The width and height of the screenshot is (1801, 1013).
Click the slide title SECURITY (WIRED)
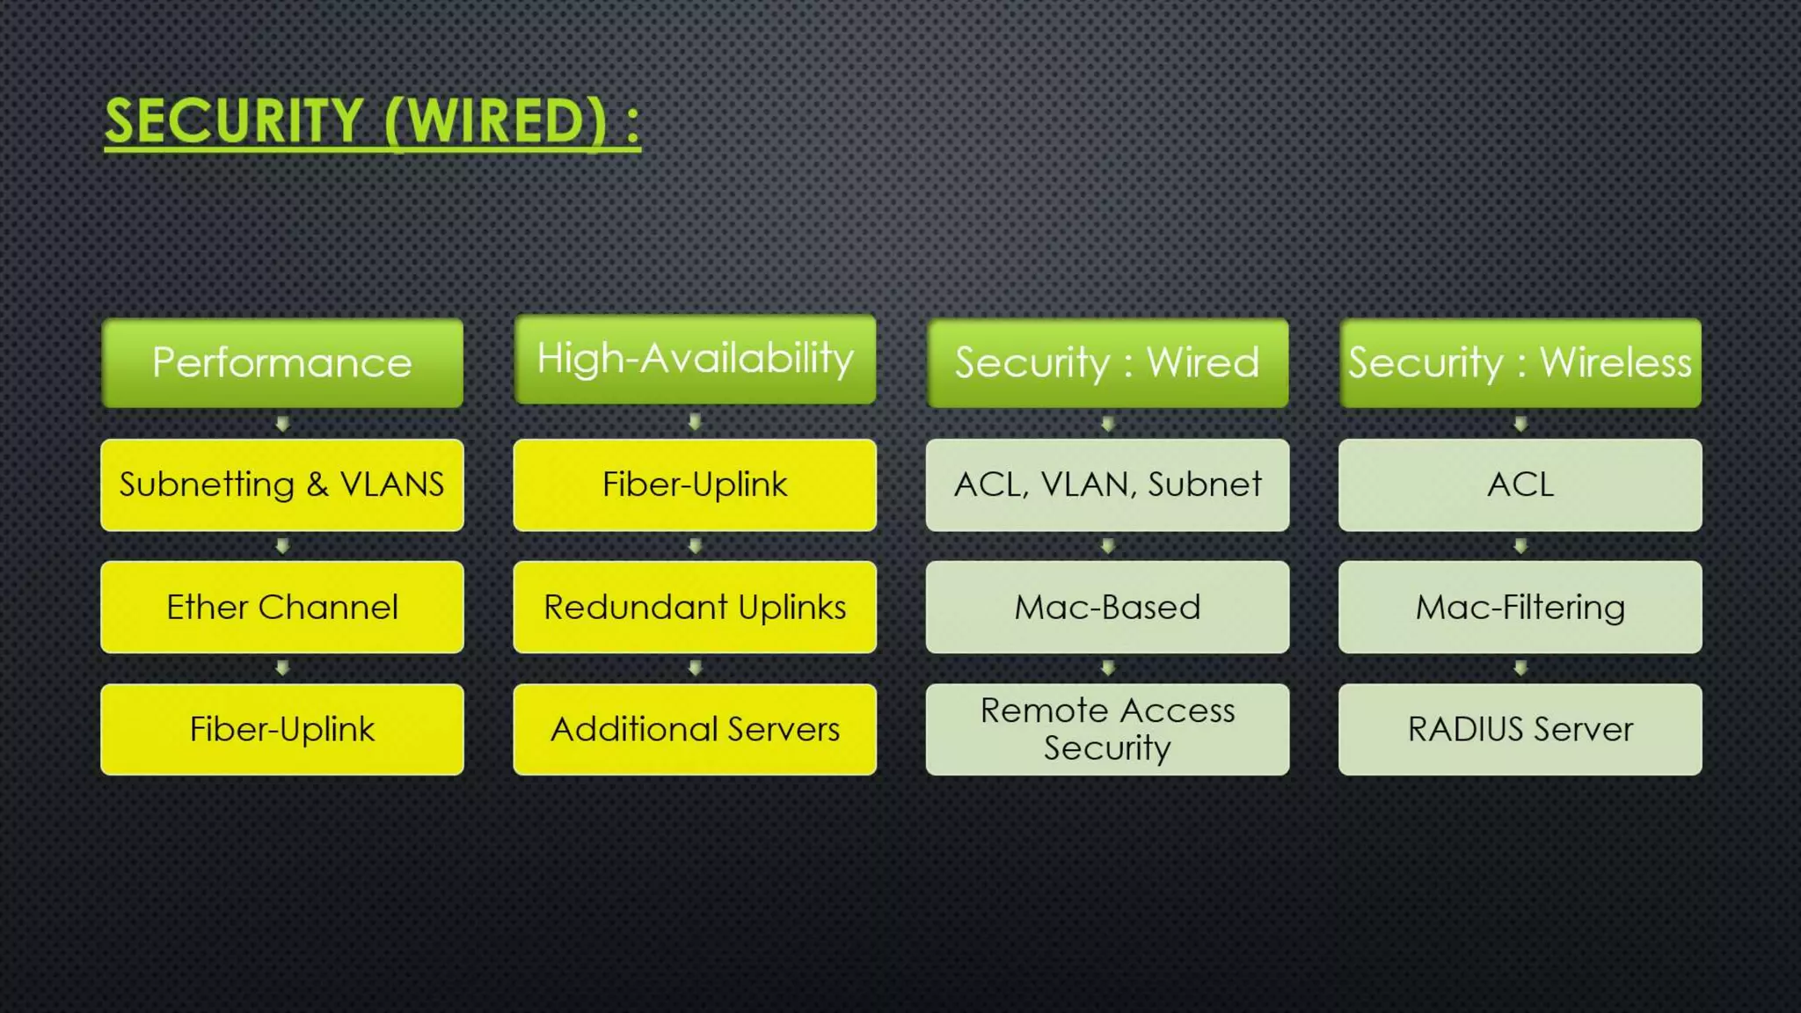click(x=372, y=121)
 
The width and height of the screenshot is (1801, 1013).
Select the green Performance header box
click(x=282, y=363)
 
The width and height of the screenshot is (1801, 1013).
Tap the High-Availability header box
click(x=695, y=360)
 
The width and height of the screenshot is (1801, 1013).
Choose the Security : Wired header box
click(x=1107, y=363)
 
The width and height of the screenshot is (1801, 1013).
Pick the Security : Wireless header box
click(x=1520, y=363)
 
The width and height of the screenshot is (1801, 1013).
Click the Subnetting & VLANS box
click(x=282, y=485)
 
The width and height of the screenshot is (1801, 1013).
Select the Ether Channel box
click(x=282, y=607)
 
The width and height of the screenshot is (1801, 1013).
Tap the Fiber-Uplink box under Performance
click(x=282, y=729)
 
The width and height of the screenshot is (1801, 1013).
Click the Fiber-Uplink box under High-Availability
click(x=695, y=485)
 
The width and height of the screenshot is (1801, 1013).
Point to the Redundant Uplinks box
click(x=695, y=607)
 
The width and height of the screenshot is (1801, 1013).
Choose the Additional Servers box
click(x=695, y=729)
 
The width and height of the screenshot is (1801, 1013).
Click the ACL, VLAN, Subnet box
click(x=1107, y=485)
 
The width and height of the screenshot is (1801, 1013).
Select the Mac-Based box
click(x=1107, y=607)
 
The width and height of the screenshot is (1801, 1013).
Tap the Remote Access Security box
click(x=1107, y=729)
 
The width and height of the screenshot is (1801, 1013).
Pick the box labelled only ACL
click(x=1520, y=485)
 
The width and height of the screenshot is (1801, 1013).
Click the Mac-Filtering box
click(x=1520, y=607)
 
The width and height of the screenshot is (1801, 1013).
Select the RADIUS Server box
click(x=1520, y=729)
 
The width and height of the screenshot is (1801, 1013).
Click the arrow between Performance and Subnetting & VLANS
click(x=282, y=424)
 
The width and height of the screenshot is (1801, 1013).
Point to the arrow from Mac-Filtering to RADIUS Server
click(x=1520, y=668)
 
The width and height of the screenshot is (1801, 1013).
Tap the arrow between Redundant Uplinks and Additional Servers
click(x=695, y=668)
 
